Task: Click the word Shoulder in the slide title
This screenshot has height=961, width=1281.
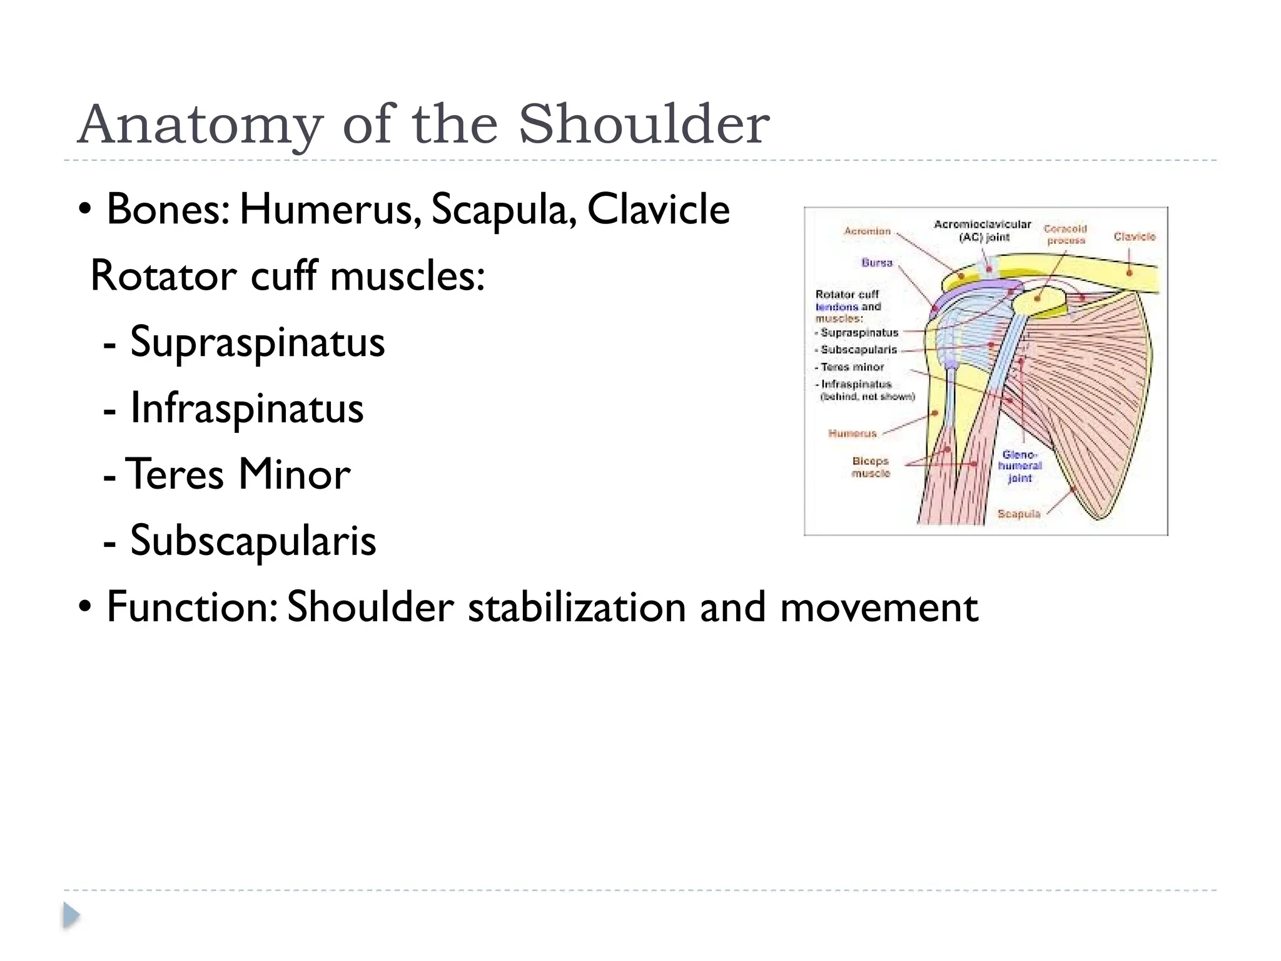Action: click(x=644, y=124)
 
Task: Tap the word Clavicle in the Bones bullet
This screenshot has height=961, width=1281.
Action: click(x=659, y=209)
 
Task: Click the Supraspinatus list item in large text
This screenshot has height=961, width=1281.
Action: click(x=257, y=342)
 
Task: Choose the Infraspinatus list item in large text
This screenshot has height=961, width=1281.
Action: click(x=246, y=409)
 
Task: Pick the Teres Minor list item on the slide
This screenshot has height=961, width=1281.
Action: click(x=238, y=474)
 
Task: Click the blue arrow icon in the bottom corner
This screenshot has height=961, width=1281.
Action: click(x=71, y=916)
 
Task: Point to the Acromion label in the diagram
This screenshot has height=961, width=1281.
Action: click(x=867, y=231)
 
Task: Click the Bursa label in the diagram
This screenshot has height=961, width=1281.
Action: click(x=876, y=263)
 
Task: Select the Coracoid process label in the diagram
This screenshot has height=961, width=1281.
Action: click(x=1066, y=235)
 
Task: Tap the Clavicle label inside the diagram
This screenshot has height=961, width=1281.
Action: click(x=1135, y=236)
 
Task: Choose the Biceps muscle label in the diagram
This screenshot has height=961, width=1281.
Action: click(x=870, y=467)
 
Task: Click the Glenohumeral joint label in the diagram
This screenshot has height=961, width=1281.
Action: click(x=1020, y=466)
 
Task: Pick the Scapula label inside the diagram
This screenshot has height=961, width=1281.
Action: click(x=1018, y=514)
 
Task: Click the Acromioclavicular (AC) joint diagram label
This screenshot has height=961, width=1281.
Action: click(x=982, y=230)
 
